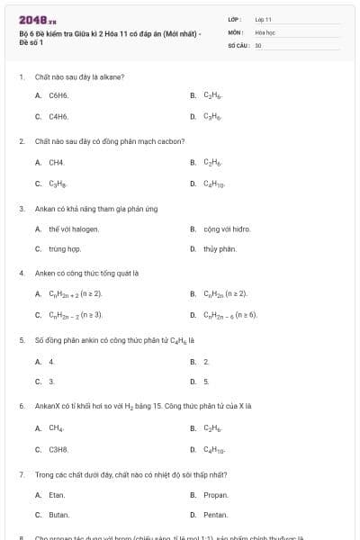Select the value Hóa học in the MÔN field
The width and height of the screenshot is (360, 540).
(x=265, y=31)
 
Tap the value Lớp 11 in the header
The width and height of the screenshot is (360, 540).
(x=264, y=19)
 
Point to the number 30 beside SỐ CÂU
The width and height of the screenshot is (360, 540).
(x=258, y=44)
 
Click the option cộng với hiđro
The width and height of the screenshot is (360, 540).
(x=225, y=229)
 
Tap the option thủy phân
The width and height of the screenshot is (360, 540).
(x=220, y=248)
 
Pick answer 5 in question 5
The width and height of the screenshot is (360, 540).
(x=206, y=382)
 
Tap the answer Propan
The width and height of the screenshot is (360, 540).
(x=216, y=494)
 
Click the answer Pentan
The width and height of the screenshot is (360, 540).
(x=216, y=515)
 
